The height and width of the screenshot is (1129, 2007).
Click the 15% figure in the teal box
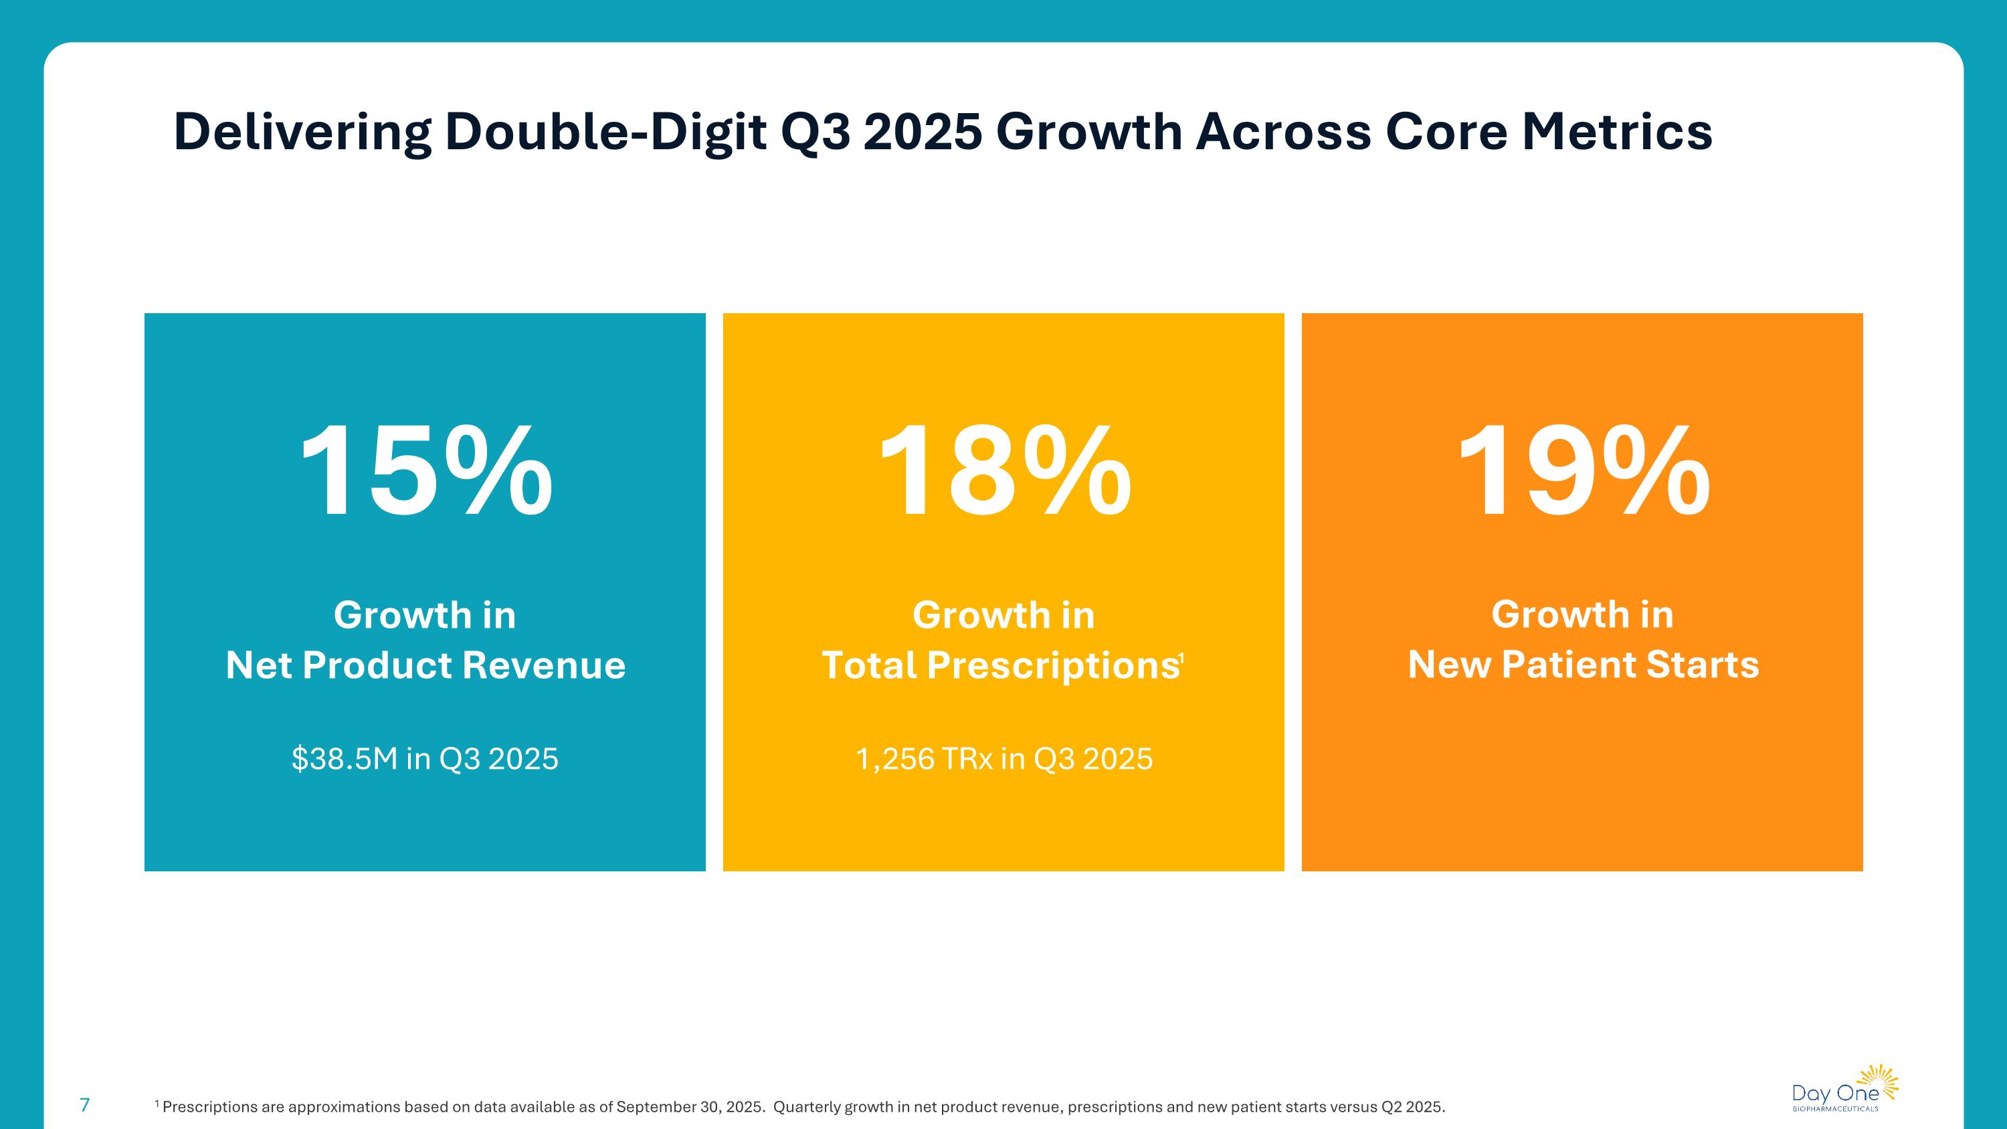point(425,470)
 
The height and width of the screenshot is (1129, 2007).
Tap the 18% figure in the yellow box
point(1004,470)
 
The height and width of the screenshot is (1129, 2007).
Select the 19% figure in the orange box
point(1582,470)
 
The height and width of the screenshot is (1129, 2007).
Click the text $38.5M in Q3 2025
point(425,759)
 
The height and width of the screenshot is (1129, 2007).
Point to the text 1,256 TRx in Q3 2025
point(1004,759)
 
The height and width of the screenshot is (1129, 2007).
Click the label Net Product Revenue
point(425,665)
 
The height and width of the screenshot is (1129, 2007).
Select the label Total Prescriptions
point(999,665)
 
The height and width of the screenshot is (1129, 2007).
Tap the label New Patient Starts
point(1583,665)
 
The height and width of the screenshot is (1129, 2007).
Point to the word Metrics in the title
point(1617,132)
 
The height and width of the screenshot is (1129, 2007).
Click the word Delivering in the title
point(302,132)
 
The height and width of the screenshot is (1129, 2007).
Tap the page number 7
point(85,1104)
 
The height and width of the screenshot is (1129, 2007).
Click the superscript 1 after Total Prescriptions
point(1181,659)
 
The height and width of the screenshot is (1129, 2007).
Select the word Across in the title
point(1282,132)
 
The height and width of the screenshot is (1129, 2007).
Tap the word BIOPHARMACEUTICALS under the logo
point(1835,1109)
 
